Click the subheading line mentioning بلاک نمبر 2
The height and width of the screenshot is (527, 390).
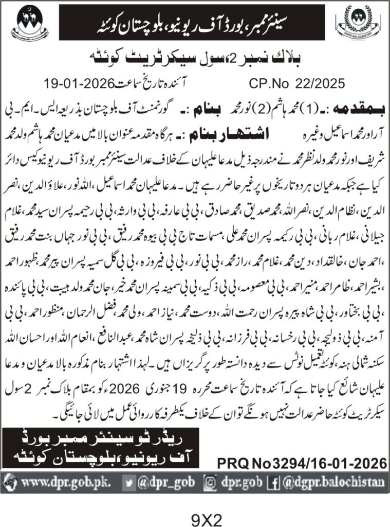click(195, 58)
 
